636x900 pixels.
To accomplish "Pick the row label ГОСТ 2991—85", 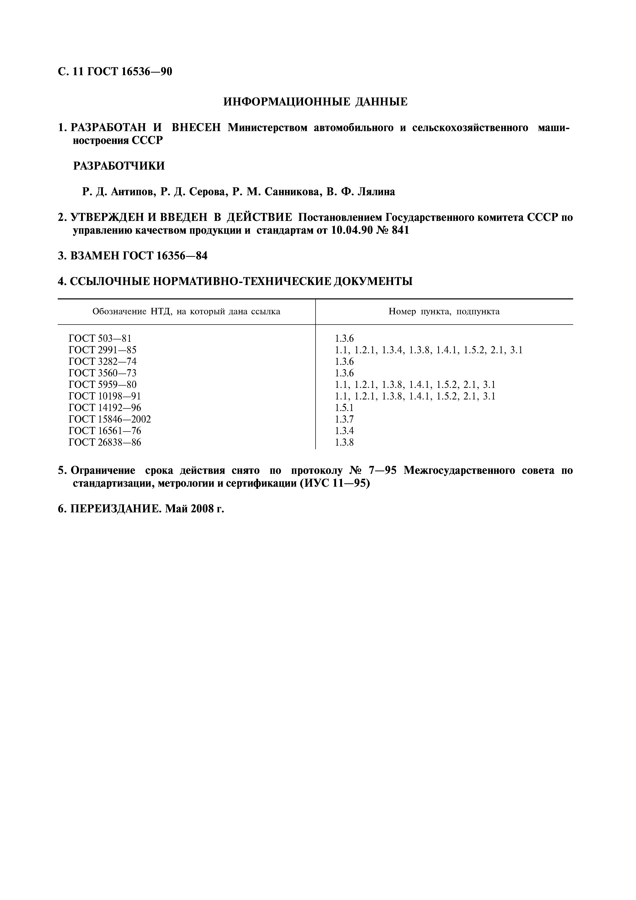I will point(103,350).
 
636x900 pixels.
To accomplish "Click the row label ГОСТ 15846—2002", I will point(110,419).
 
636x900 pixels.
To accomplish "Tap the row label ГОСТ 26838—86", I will point(105,443).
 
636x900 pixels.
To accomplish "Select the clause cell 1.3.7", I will point(344,419).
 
